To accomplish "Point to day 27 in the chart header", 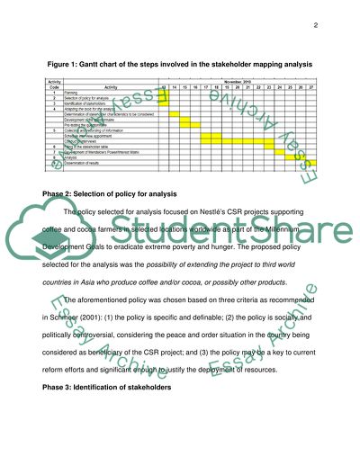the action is [x=310, y=85].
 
